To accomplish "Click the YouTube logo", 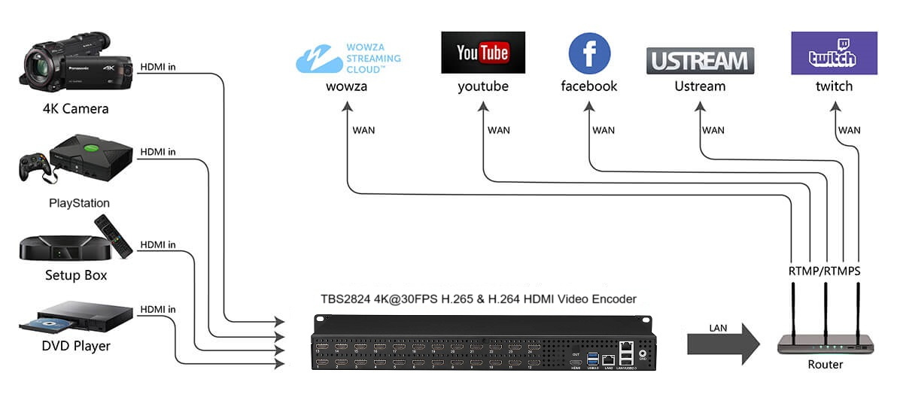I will point(482,52).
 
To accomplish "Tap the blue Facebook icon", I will point(589,53).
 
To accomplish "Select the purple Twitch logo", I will point(833,53).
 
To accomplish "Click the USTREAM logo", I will point(700,61).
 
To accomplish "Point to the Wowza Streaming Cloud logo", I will point(348,58).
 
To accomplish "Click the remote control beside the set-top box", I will point(112,234).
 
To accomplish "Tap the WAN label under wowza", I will point(363,130).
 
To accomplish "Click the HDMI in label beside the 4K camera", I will point(158,67).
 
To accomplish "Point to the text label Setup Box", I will point(76,275).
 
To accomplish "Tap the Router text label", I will point(825,365).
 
